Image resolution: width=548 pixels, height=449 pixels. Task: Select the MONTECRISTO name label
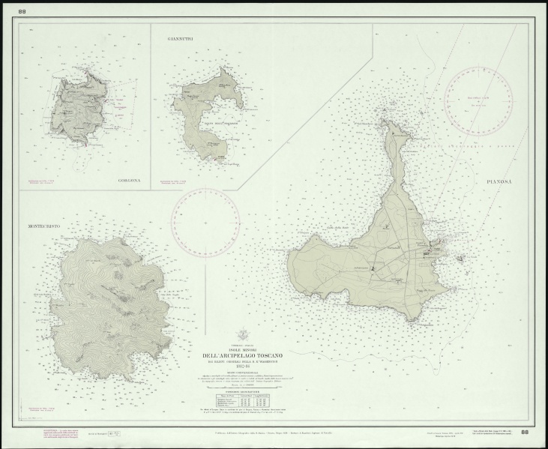[44, 225]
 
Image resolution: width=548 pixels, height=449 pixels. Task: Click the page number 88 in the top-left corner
[22, 11]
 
